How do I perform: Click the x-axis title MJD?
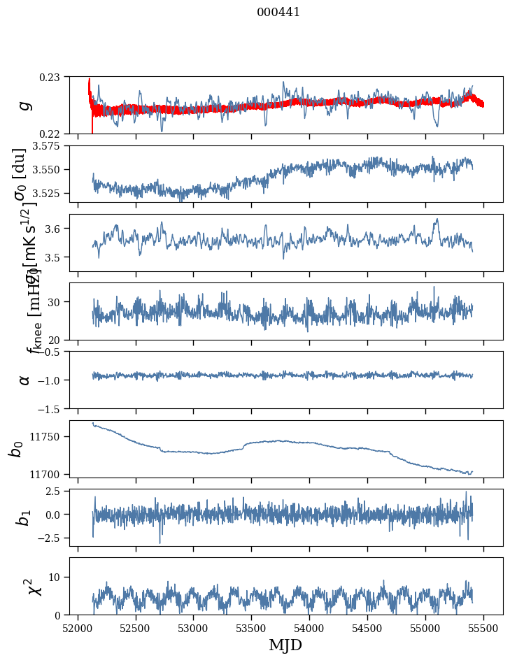(285, 645)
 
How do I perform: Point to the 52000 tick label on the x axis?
(78, 627)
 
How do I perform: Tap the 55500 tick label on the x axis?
(483, 627)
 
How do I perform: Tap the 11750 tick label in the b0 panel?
(46, 436)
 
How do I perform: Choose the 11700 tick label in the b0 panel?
(46, 474)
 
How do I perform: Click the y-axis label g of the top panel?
(24, 105)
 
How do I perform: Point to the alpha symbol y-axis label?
(24, 380)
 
